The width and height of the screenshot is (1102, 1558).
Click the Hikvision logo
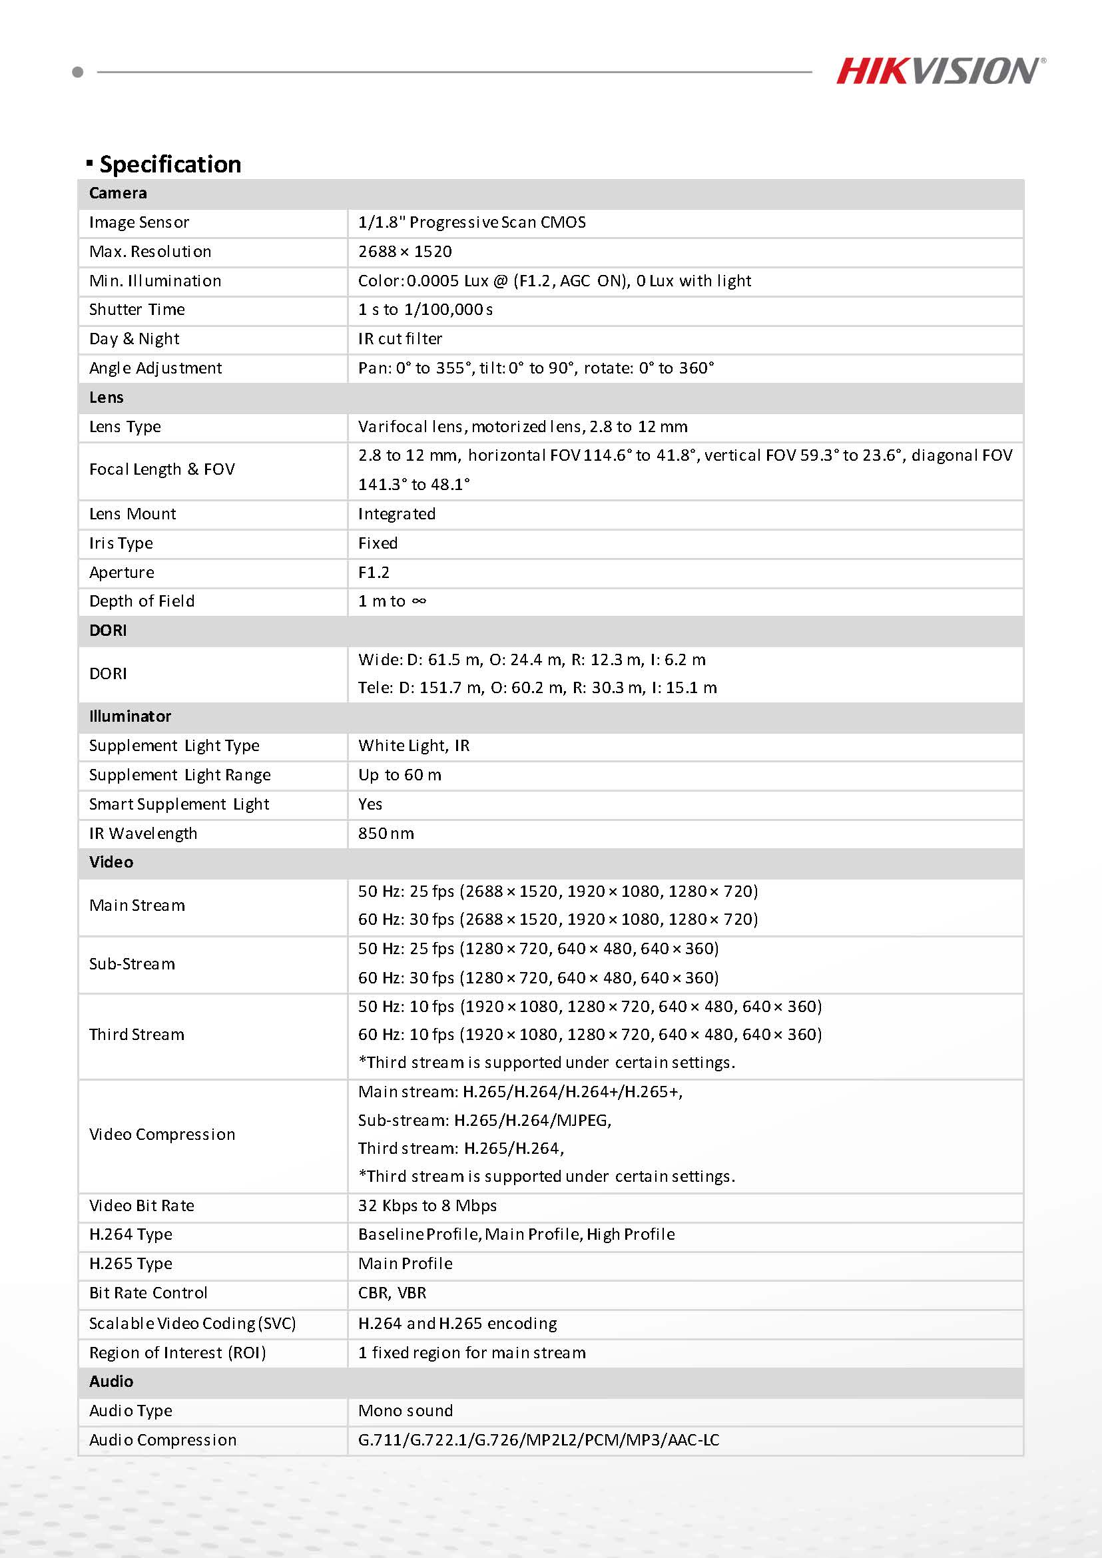pos(940,71)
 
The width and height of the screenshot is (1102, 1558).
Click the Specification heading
pos(170,164)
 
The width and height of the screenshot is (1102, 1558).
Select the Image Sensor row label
pos(139,222)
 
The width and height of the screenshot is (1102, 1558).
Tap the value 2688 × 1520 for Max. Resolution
pos(405,252)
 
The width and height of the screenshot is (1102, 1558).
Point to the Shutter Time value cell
pos(425,310)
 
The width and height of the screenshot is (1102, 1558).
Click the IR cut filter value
pos(400,340)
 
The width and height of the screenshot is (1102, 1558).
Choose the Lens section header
pos(107,397)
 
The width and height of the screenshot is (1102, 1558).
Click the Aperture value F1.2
pos(374,573)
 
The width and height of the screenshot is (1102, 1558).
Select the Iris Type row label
pos(121,543)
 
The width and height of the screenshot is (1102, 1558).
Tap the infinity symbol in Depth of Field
pos(419,601)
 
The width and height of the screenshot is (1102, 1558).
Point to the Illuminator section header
pos(131,716)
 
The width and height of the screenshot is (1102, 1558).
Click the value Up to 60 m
pos(400,775)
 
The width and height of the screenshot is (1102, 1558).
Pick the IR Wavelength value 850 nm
pos(386,834)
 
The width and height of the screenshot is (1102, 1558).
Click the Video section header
pos(111,862)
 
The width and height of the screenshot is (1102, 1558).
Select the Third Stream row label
pos(137,1035)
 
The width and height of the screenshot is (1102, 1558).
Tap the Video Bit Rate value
pos(427,1206)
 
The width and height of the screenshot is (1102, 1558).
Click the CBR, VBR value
pos(392,1294)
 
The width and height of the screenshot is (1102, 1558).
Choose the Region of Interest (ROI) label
pos(177,1353)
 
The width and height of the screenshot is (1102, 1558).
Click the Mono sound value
pos(405,1412)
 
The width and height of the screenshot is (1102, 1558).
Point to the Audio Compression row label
pos(163,1441)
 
